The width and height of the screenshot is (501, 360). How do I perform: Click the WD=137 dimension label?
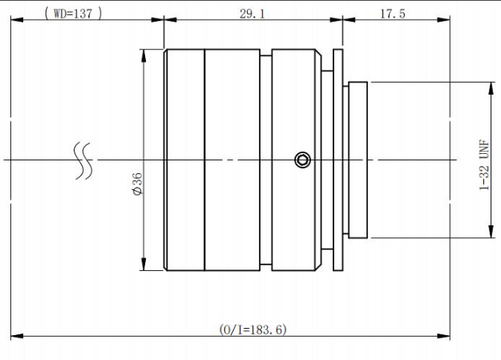tap(73, 12)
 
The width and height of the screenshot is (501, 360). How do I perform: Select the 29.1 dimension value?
tap(253, 12)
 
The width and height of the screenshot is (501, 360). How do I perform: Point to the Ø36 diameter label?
tap(137, 184)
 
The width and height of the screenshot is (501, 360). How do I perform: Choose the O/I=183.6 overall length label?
tap(253, 330)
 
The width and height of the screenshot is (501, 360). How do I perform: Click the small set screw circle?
tap(302, 160)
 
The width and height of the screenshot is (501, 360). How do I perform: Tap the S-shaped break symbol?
tap(83, 160)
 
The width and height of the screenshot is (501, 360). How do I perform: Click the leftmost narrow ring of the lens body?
tap(184, 160)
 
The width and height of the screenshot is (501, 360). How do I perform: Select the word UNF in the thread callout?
tap(483, 148)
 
